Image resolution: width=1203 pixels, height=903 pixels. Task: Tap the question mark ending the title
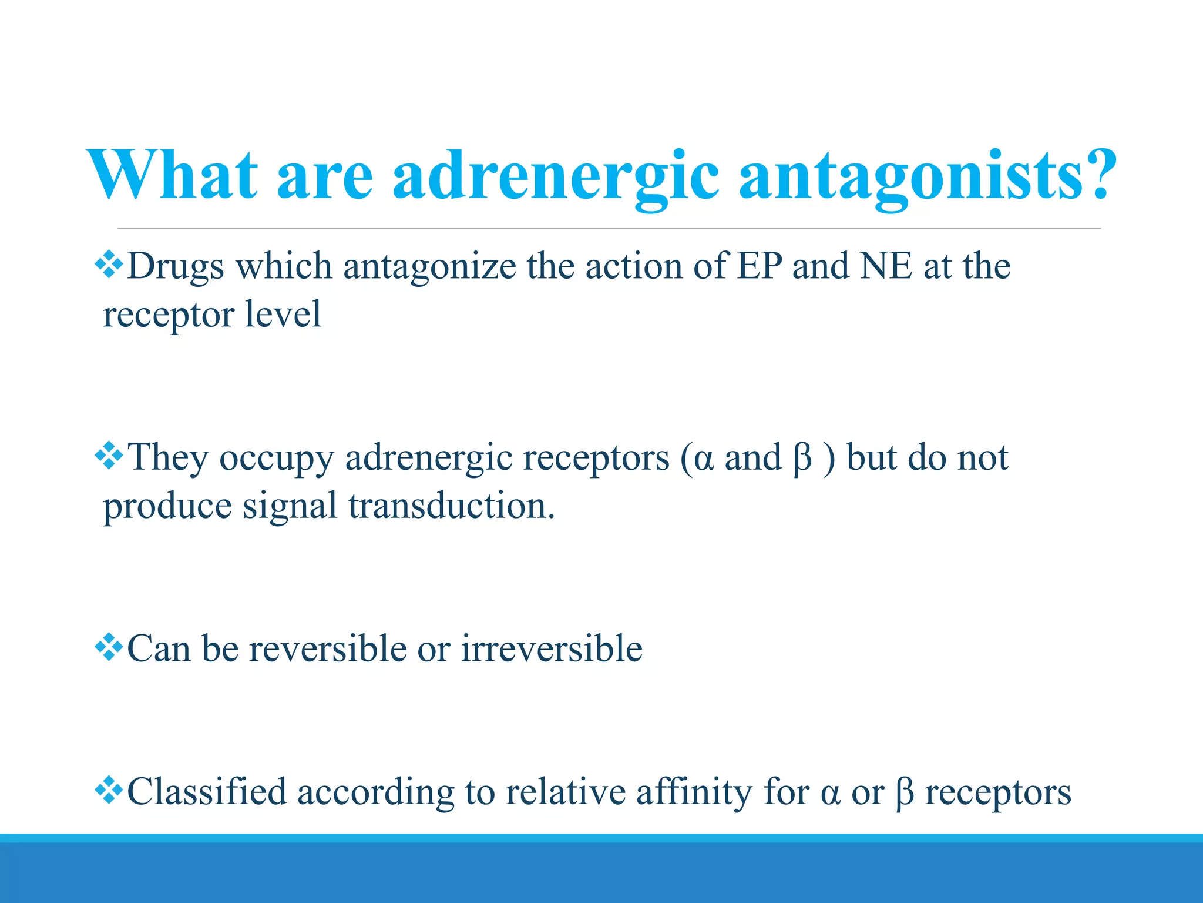pyautogui.click(x=1094, y=175)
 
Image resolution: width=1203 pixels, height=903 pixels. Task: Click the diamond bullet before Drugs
pyautogui.click(x=109, y=265)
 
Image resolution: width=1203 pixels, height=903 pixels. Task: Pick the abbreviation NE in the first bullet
pyautogui.click(x=886, y=266)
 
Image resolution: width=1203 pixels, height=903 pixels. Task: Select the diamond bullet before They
pyautogui.click(x=109, y=456)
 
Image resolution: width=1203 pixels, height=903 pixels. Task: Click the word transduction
pyautogui.click(x=452, y=506)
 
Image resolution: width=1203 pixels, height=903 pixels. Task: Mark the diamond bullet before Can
pyautogui.click(x=109, y=647)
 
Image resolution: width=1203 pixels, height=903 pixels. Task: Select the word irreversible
pyautogui.click(x=552, y=649)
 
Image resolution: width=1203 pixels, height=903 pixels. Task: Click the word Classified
pyautogui.click(x=207, y=791)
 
